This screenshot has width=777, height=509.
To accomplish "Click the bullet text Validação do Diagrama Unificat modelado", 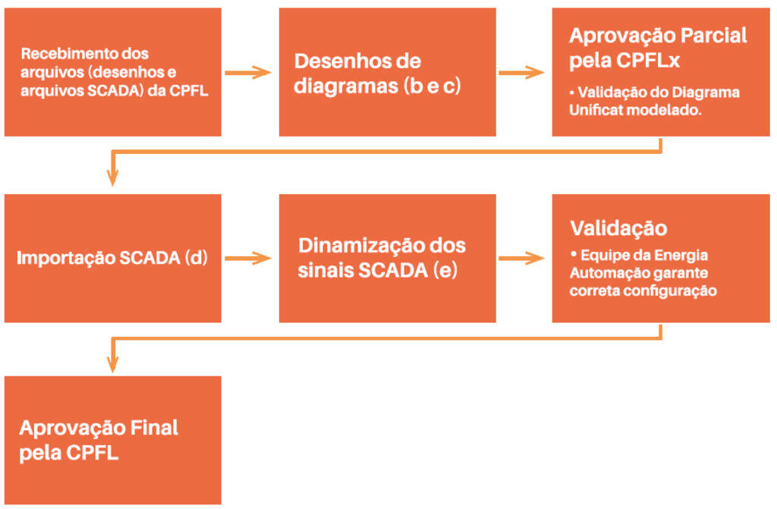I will [654, 101].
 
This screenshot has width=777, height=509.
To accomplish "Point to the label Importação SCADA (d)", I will [111, 257].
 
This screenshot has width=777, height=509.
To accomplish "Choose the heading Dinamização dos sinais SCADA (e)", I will [382, 258].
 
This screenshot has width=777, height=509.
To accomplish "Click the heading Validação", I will [618, 228].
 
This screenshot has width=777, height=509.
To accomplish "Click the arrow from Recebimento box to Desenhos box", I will [248, 72].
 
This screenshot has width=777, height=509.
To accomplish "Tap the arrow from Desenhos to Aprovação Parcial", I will [522, 73].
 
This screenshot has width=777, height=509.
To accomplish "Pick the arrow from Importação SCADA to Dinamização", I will [248, 258].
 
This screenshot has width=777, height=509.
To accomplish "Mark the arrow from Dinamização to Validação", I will [522, 258].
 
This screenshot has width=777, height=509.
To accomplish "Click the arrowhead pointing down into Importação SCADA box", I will [113, 179].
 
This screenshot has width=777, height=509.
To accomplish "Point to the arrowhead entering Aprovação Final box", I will [113, 364].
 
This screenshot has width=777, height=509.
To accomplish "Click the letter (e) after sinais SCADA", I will [445, 270].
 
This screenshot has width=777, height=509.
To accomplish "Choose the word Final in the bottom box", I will [156, 427].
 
